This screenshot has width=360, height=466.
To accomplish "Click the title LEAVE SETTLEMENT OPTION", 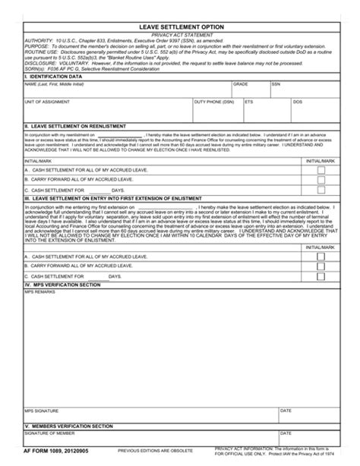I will point(181,27).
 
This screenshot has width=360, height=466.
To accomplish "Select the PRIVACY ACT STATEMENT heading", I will point(181,35).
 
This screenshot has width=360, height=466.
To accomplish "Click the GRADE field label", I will point(241,84).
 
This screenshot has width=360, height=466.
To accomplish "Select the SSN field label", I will point(276,84).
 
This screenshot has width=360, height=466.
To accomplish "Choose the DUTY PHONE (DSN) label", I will point(214,101).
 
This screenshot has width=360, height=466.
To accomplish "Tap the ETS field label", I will point(248,101).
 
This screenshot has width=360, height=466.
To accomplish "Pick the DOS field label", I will point(298,101).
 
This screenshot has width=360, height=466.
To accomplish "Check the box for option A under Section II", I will point(321,170).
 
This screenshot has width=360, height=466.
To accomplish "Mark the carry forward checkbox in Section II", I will point(321,180).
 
